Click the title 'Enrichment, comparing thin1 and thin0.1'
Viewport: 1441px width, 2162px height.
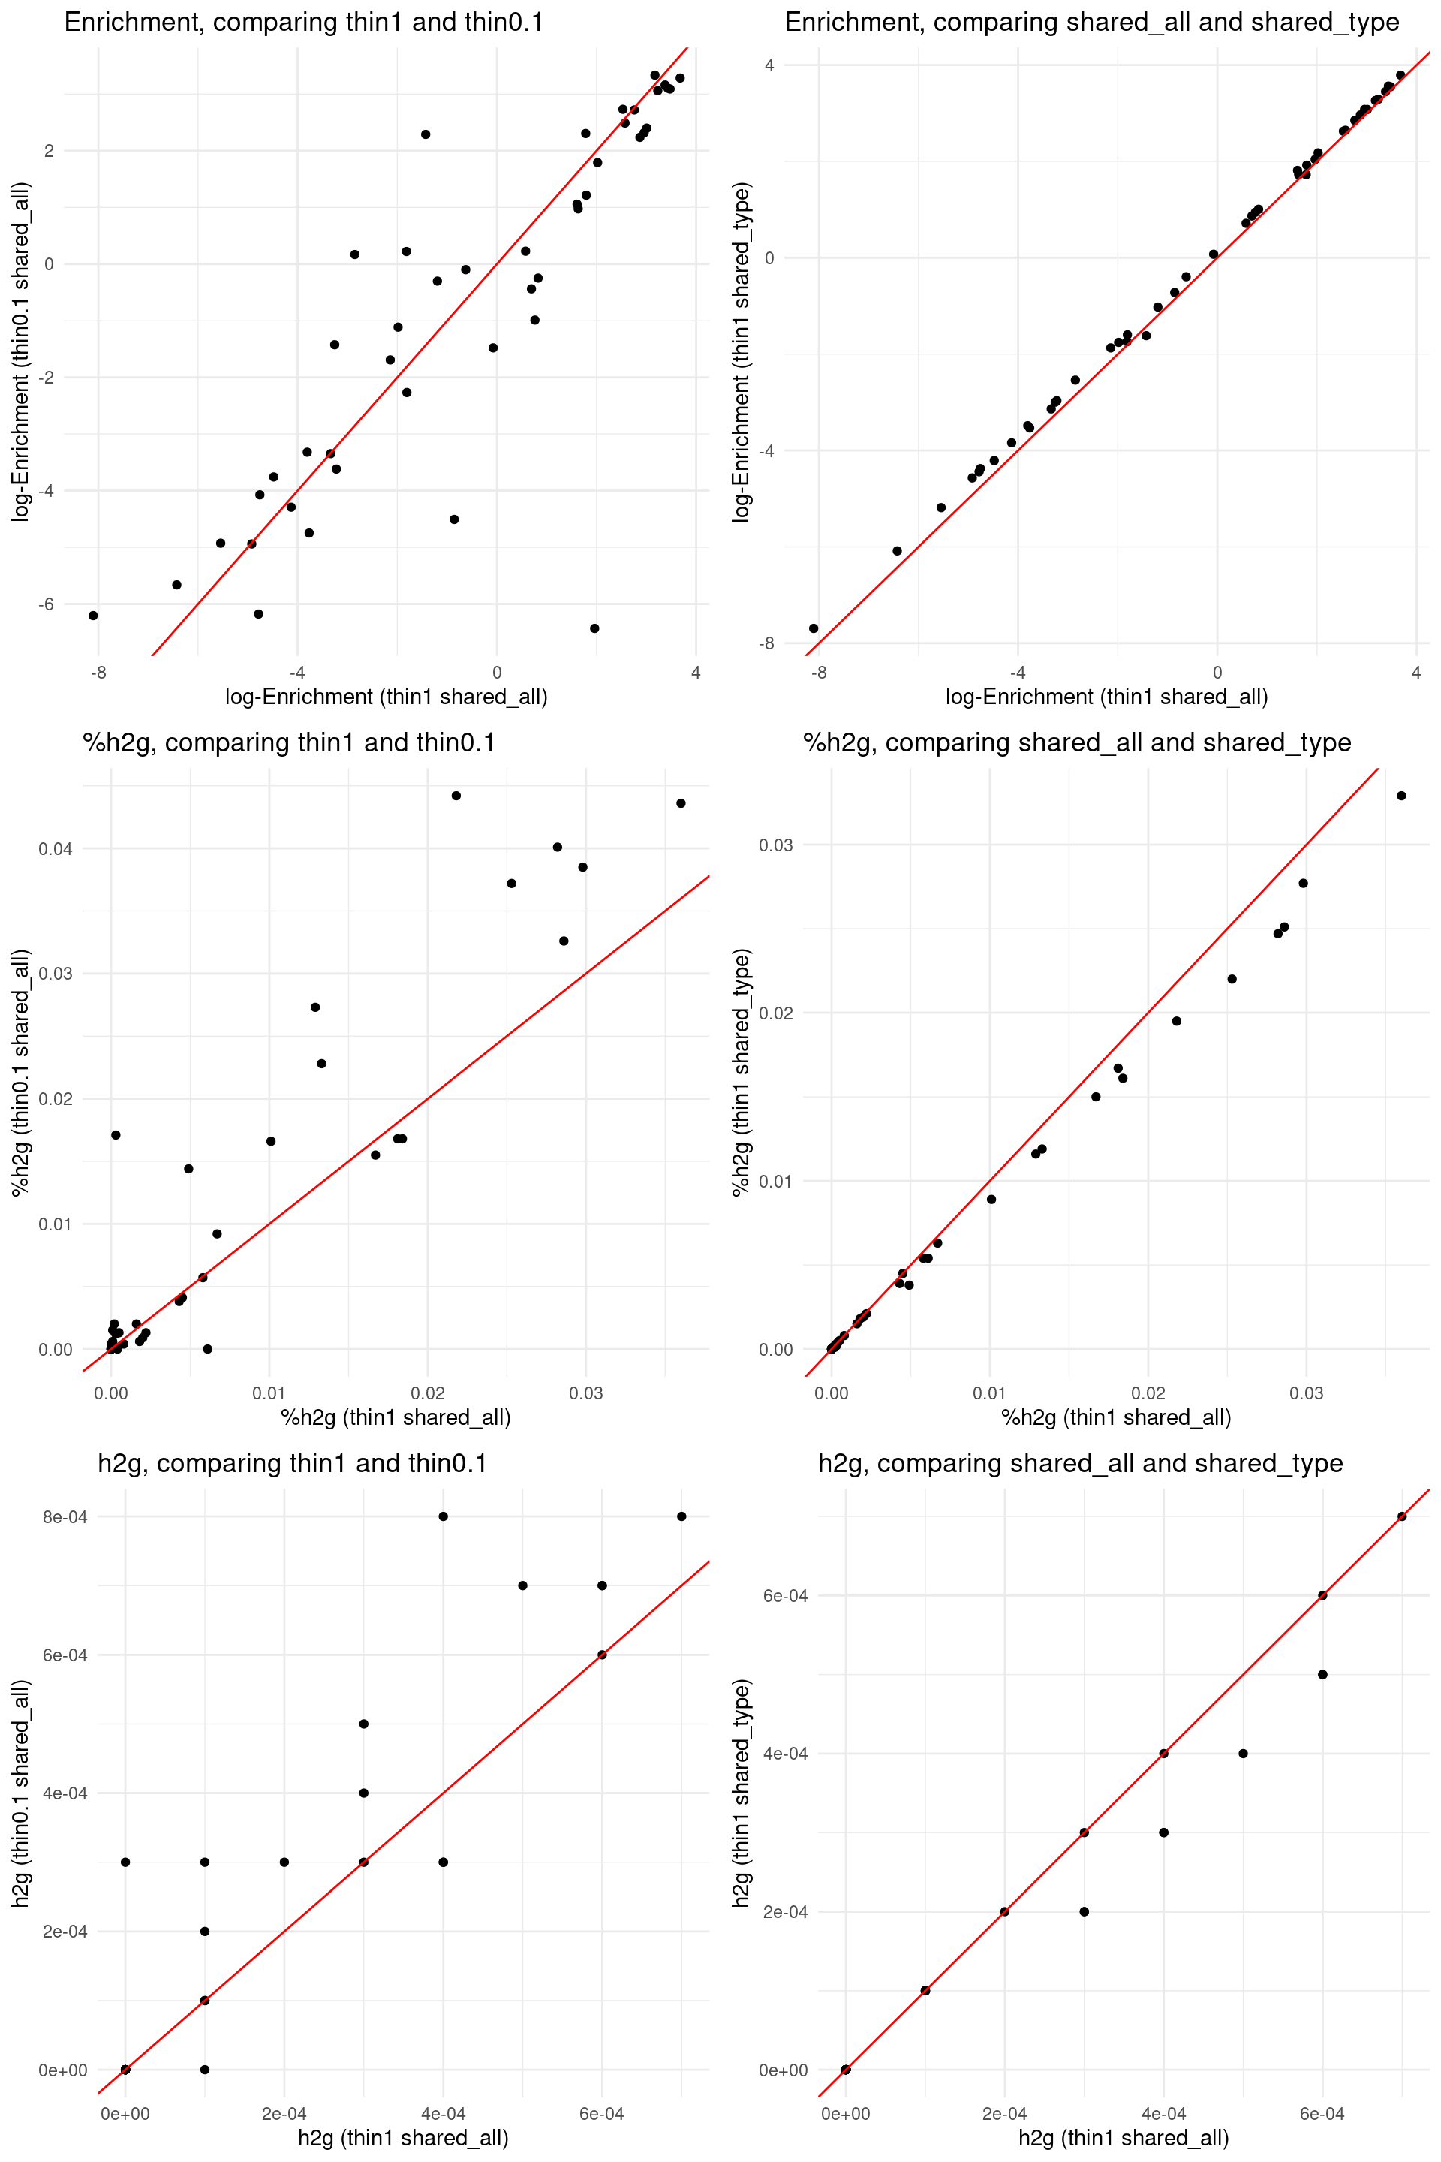pos(303,22)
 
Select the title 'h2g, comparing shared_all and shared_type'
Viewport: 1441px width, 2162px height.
pos(1080,1463)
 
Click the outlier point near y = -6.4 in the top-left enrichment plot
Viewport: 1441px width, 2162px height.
pos(594,629)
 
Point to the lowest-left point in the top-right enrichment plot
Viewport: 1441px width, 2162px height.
pos(814,629)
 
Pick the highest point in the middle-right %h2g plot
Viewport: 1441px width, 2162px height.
pos(1401,796)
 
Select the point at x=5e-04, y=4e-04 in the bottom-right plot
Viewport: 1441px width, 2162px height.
pos(1244,1754)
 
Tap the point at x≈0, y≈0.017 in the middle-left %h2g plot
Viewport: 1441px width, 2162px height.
pos(116,1135)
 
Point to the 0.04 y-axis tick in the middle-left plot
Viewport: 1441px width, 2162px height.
pos(55,848)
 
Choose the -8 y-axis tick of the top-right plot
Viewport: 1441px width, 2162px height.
pos(766,643)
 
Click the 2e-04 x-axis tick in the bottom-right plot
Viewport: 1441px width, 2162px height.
pos(1004,2114)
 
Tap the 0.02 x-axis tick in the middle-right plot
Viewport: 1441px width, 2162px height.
pos(1148,1393)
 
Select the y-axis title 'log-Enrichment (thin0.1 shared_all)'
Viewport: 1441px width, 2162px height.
pos(20,352)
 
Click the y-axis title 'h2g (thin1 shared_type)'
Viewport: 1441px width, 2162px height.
pos(741,1793)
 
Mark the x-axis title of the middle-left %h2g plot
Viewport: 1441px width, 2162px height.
pos(396,1417)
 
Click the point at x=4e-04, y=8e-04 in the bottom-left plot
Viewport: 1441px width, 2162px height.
pos(443,1516)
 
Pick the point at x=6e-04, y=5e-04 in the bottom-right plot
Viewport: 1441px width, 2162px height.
pos(1322,1675)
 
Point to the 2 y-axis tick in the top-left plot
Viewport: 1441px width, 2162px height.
pos(49,151)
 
